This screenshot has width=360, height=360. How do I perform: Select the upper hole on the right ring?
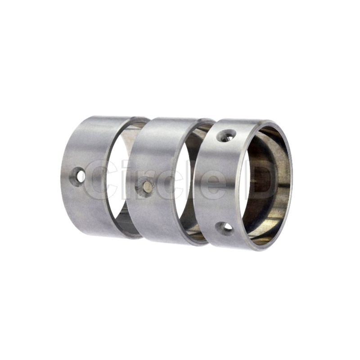coord(226,136)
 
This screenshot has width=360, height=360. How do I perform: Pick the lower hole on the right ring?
coord(224,228)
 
